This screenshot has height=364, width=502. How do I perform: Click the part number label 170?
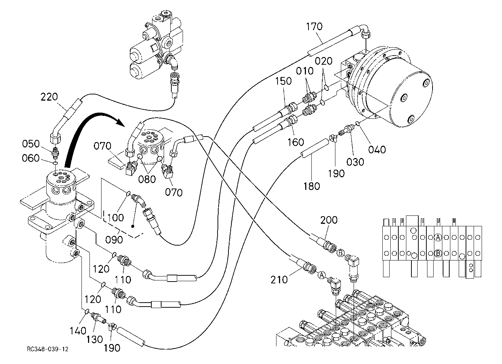[x=314, y=27]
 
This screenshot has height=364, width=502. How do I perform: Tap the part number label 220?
[x=49, y=97]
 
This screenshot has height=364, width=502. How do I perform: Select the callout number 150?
[x=283, y=81]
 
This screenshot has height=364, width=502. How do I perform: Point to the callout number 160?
[x=296, y=142]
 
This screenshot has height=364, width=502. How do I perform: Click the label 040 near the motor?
[x=377, y=150]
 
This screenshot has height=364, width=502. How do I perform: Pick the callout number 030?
[x=355, y=162]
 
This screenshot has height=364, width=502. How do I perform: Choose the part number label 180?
[x=312, y=186]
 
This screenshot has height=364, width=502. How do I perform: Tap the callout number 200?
[x=329, y=220]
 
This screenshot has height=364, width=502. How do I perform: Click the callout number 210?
[x=279, y=280]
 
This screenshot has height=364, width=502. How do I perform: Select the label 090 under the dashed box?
[x=114, y=240]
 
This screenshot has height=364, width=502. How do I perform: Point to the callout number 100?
[x=115, y=218]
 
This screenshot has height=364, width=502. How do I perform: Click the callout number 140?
[x=78, y=331]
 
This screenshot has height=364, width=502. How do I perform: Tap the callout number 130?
[x=94, y=339]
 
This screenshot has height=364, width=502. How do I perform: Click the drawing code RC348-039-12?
[x=48, y=349]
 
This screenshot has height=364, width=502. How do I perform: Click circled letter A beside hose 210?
[x=322, y=275]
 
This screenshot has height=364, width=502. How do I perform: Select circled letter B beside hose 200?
[x=340, y=253]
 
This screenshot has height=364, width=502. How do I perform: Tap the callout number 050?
[x=31, y=144]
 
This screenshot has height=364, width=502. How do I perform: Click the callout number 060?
[x=31, y=158]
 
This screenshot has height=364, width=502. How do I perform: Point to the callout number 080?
[x=147, y=179]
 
